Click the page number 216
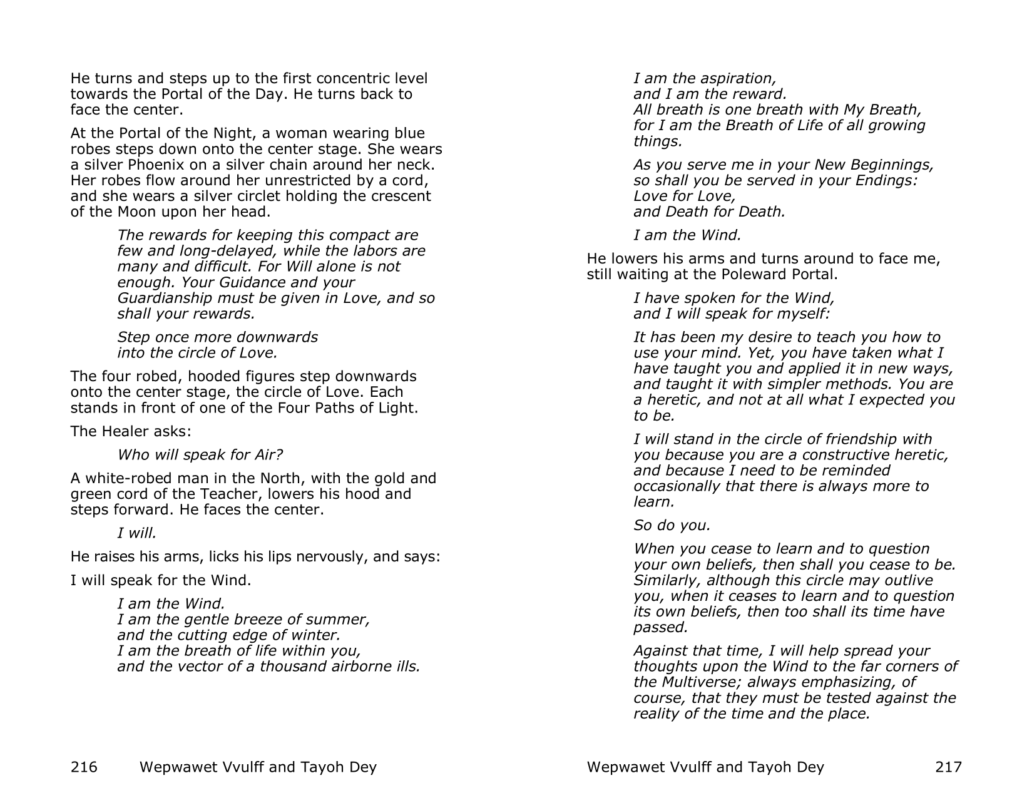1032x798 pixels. click(84, 767)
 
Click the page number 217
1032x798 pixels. click(948, 767)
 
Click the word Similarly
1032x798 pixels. click(667, 580)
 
